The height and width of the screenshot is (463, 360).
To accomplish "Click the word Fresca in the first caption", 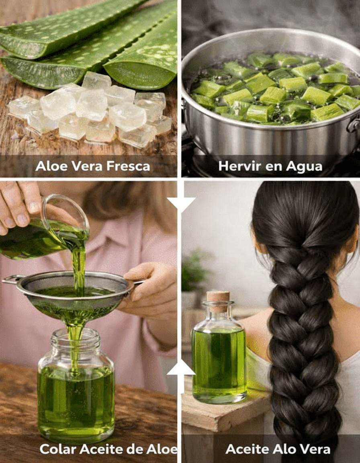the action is (x=128, y=166).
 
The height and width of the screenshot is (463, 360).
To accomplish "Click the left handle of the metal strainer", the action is (x=11, y=280).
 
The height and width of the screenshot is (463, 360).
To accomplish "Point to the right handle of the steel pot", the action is (x=354, y=124).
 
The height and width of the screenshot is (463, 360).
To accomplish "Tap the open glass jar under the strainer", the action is (x=76, y=386).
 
